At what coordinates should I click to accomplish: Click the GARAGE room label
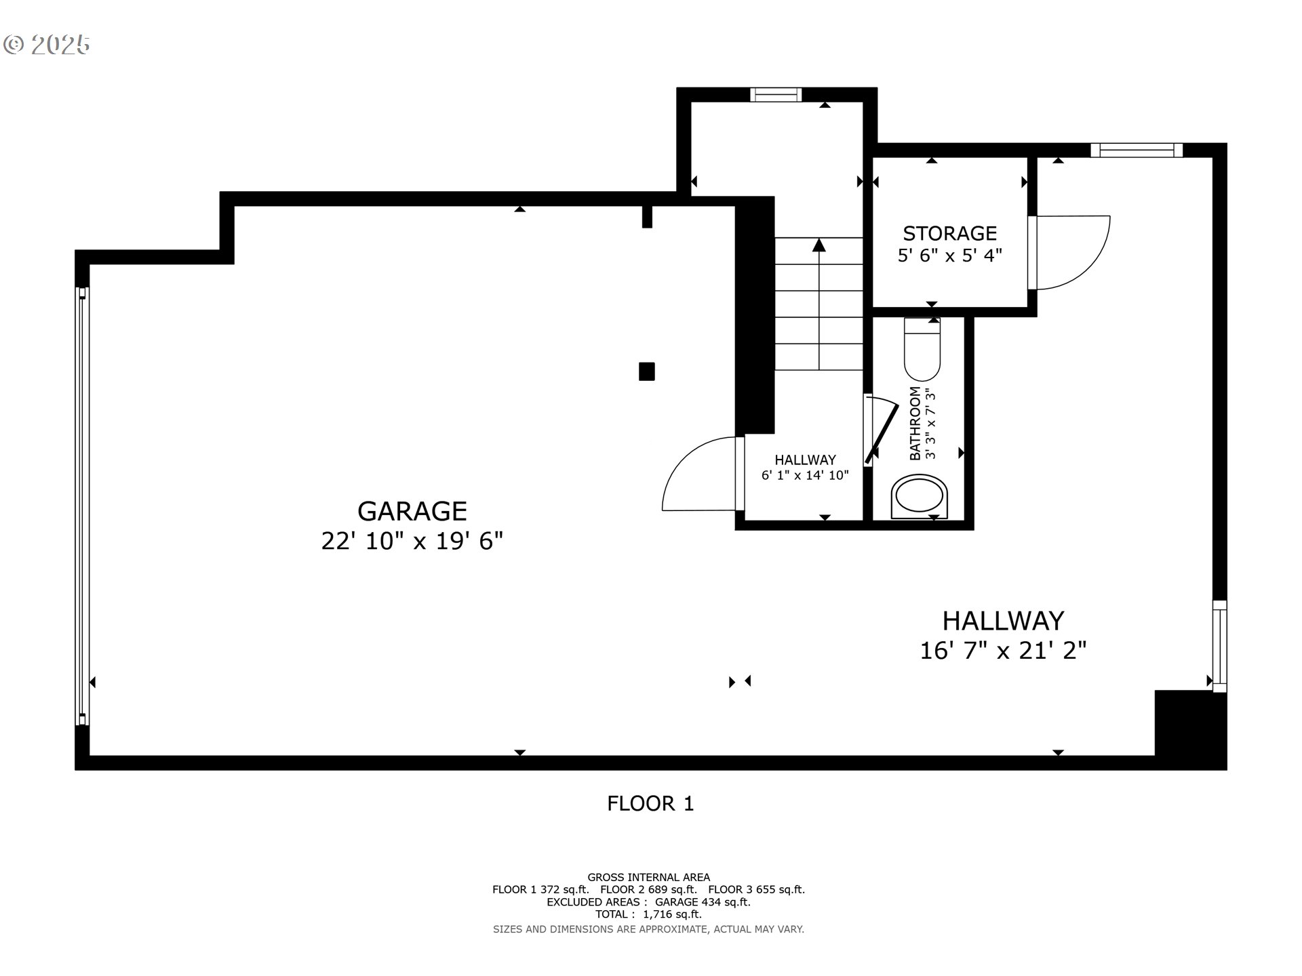pos(412,511)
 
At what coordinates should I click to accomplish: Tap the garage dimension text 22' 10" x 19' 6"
pos(412,542)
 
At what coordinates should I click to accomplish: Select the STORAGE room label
pos(949,233)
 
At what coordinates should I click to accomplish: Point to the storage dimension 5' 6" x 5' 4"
pos(949,256)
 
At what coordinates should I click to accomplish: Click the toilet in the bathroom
pos(922,349)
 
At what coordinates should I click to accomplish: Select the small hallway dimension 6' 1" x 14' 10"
pos(805,475)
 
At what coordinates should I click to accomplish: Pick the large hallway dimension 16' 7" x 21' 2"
pos(1003,651)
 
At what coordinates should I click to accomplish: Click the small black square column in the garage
pos(647,371)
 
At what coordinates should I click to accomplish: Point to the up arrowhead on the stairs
pos(819,245)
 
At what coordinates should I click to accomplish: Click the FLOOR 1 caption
pos(650,804)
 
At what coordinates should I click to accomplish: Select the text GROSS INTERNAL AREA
pos(649,877)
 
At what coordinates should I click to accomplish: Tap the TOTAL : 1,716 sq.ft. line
pos(649,914)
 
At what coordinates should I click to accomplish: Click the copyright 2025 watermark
pos(46,45)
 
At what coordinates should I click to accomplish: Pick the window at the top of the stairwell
pos(776,95)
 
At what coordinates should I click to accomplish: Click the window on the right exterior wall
pos(1219,646)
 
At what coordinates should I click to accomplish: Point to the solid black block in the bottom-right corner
pos(1190,729)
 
